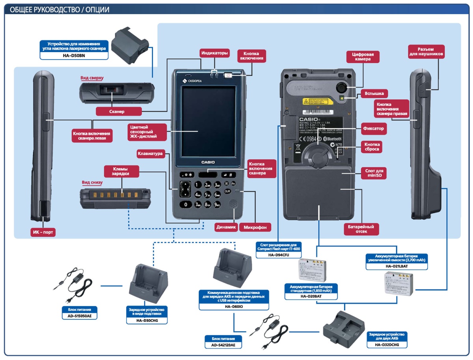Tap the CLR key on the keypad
pos(227,191)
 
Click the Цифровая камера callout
pos(363,57)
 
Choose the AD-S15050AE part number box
pos(80,316)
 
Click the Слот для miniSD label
pos(373,173)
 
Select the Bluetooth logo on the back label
pos(332,139)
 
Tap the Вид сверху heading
pos(91,78)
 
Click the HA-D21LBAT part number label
pos(397,266)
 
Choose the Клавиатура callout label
pos(150,154)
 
